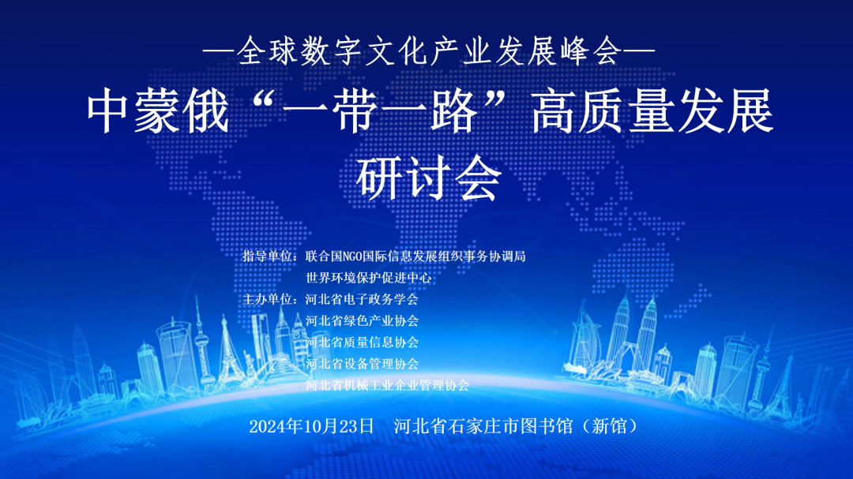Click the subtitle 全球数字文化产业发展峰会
[x=429, y=51]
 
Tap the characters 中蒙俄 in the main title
[x=158, y=111]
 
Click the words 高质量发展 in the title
[x=652, y=111]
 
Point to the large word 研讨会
[x=429, y=178]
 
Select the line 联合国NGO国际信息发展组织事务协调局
[x=415, y=256]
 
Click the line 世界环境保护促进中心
[x=368, y=278]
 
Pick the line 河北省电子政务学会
[x=362, y=299]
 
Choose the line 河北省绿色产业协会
[x=362, y=321]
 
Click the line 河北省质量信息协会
[x=362, y=342]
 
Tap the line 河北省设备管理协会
[x=362, y=364]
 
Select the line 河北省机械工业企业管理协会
[x=387, y=385]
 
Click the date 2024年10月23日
[x=312, y=426]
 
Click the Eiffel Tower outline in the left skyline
[x=227, y=348]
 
